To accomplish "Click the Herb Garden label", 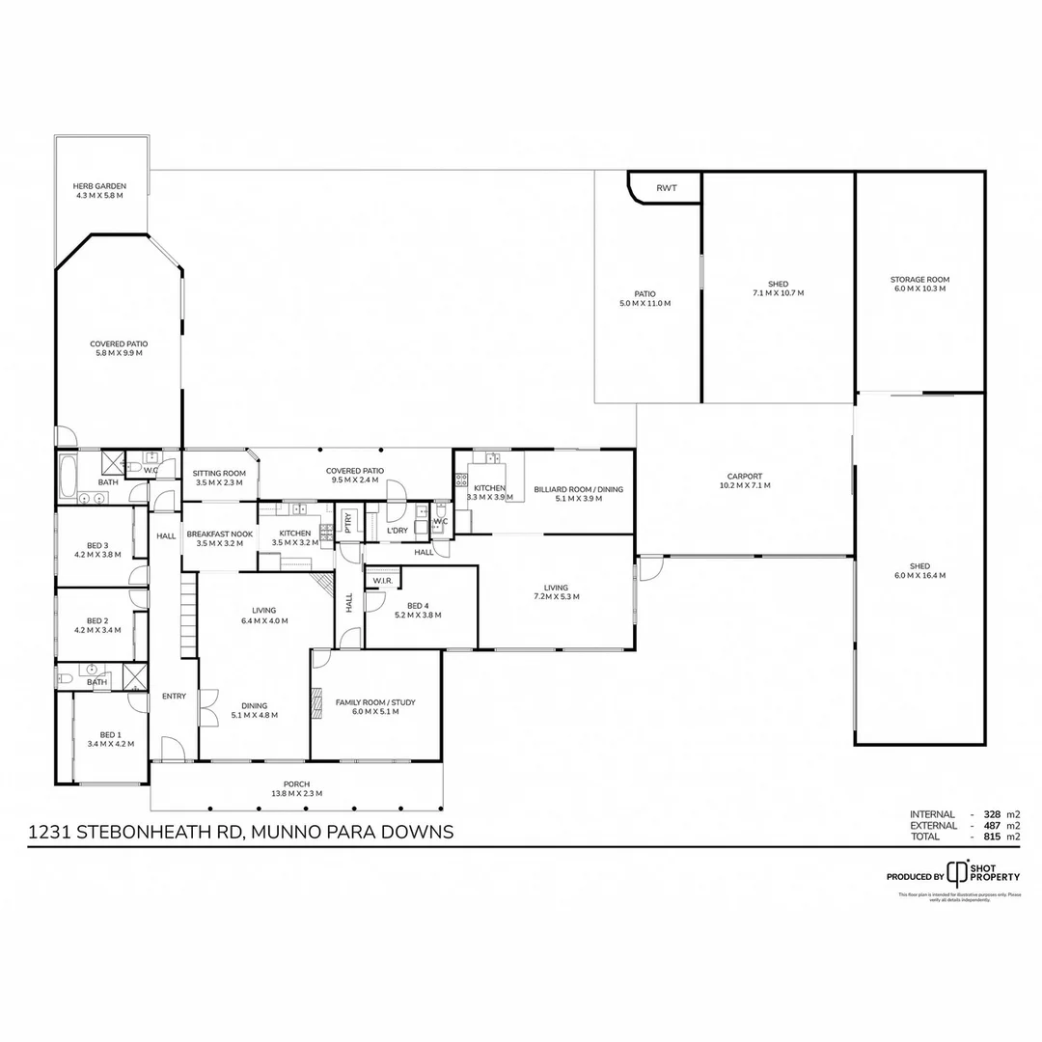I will point(99,186).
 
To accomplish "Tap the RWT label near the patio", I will point(667,188).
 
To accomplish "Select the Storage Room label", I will point(919,280).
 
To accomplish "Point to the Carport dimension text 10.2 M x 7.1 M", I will point(745,485).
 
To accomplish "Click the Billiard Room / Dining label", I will point(578,489).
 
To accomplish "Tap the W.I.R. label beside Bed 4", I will point(381,581).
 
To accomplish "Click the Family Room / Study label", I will point(375,702).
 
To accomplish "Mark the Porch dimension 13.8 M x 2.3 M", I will point(296,793).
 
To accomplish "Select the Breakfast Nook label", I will point(219,534).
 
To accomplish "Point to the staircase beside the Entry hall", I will point(189,617).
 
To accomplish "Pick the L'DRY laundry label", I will point(397,531).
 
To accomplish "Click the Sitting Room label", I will point(219,474).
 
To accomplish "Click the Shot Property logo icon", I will point(956,872).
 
